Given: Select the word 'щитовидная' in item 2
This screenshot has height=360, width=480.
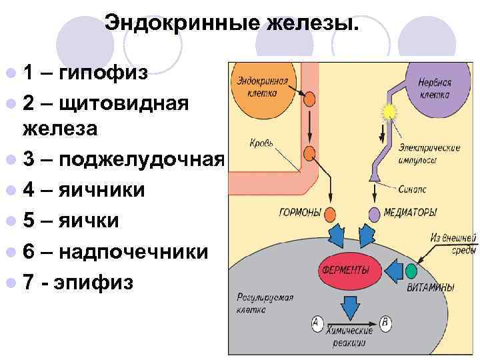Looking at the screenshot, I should (x=125, y=103).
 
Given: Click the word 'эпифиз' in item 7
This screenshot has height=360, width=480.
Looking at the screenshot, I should (x=96, y=282).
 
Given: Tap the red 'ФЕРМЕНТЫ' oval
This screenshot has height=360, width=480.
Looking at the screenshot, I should (x=346, y=271).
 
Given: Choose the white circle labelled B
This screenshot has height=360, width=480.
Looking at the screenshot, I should (x=385, y=323).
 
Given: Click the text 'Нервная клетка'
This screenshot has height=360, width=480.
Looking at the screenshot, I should (x=435, y=89).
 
